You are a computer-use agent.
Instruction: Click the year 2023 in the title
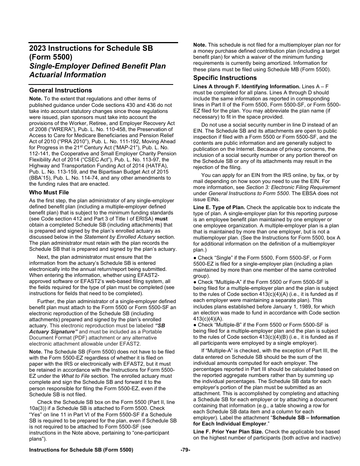point(38,48)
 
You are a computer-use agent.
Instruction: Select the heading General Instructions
point(60,90)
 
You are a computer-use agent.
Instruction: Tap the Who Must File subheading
point(49,192)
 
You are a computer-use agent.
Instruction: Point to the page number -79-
point(185,450)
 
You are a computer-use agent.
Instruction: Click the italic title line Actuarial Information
point(67,75)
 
